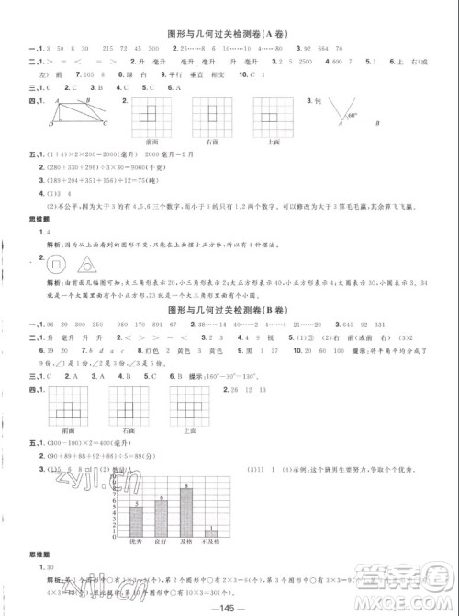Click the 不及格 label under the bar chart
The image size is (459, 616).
click(211, 543)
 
